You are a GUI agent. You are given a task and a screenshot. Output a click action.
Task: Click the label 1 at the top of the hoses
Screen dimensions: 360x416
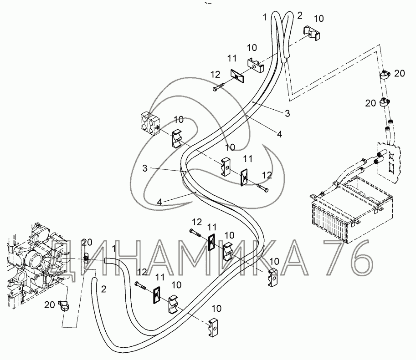265,17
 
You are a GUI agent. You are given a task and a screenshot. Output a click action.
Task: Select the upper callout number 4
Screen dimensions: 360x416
279,134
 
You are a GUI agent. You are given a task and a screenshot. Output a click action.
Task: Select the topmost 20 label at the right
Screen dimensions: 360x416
399,73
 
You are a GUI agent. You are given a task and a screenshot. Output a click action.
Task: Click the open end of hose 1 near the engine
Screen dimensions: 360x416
106,260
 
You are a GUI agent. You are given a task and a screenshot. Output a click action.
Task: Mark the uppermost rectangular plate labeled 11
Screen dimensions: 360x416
237,76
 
